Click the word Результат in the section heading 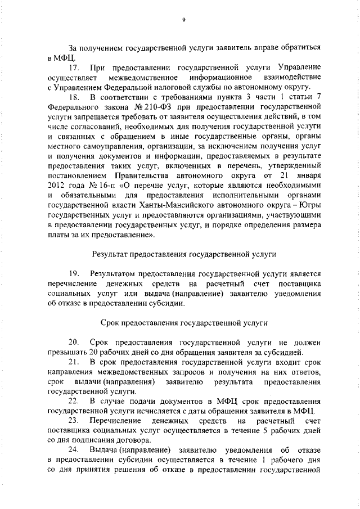click(x=110, y=254)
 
